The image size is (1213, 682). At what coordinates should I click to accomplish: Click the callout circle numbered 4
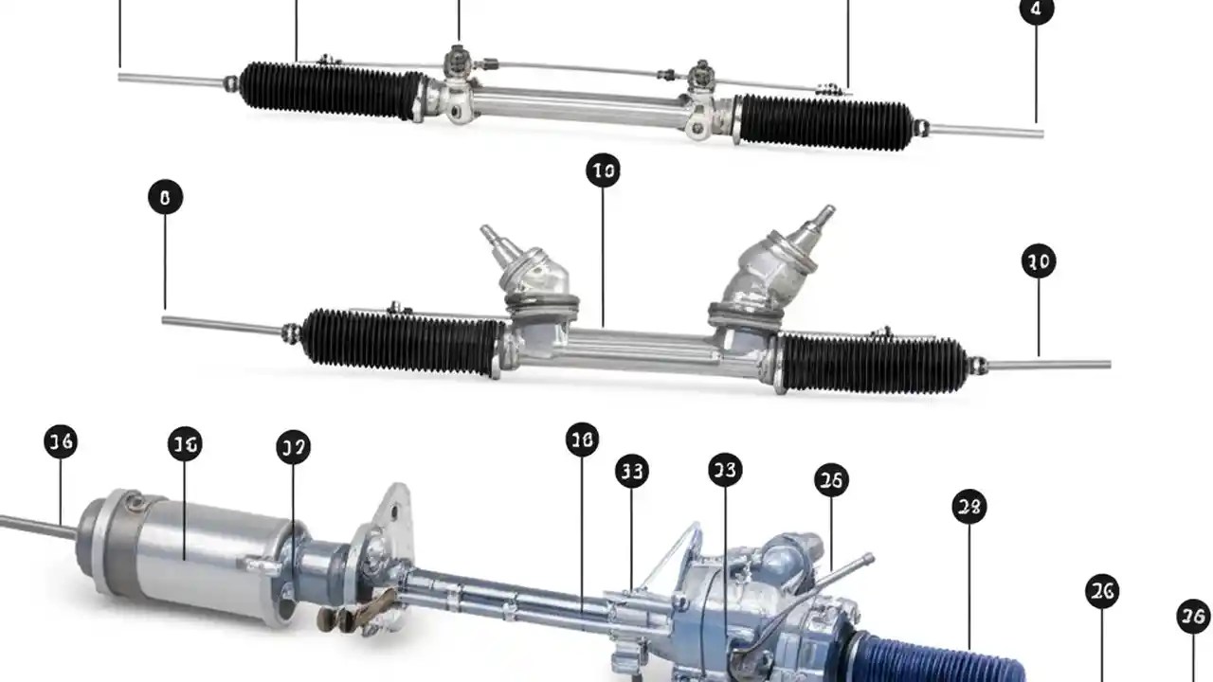tap(1036, 10)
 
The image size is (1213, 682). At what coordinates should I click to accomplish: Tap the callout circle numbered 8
tap(165, 198)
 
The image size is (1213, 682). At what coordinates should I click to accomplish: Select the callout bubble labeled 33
tap(632, 471)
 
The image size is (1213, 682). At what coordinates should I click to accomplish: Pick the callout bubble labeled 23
tap(725, 470)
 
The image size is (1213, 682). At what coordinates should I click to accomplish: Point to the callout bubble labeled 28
tap(969, 507)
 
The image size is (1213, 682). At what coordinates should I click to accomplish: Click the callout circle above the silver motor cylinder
tap(185, 443)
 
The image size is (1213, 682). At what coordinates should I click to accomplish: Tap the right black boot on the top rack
tap(824, 122)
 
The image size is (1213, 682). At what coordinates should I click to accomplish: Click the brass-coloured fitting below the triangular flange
tap(355, 611)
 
